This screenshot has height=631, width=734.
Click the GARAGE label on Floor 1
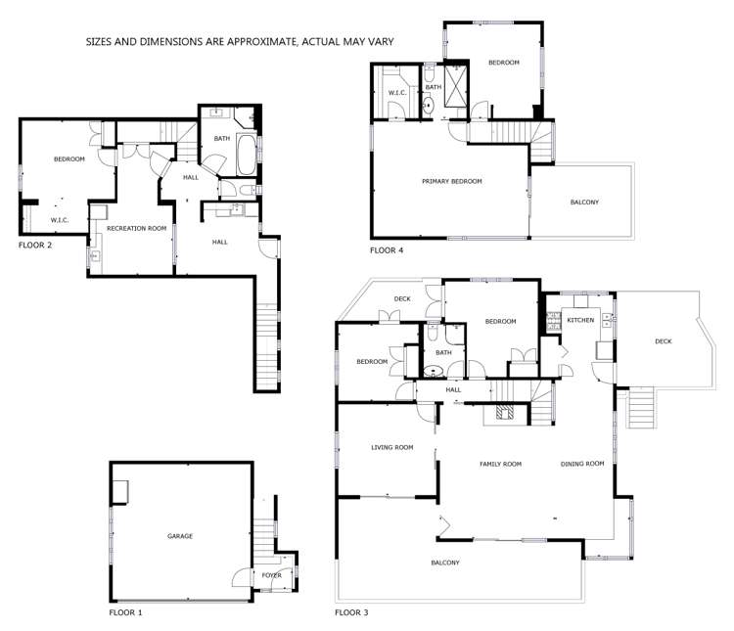coord(180,536)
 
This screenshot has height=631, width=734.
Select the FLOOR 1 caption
coord(125,613)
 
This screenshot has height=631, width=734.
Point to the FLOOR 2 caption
coord(35,246)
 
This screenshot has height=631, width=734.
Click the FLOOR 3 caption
coord(351,613)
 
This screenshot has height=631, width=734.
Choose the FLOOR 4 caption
coord(387,251)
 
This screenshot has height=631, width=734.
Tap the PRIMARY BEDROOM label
coord(451,181)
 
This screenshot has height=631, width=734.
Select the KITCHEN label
coord(581,321)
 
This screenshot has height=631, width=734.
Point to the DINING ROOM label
coord(582,464)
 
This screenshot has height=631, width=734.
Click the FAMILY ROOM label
coord(499,464)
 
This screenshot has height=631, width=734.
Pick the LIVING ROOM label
coord(391,447)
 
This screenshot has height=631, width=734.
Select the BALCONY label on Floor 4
coord(584,203)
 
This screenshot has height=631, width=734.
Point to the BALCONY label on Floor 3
coord(445,563)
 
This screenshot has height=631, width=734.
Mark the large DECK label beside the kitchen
coord(663,340)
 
